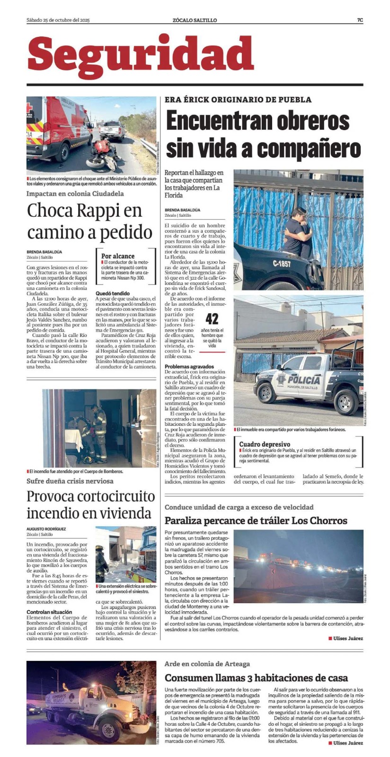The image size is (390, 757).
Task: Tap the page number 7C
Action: [360, 20]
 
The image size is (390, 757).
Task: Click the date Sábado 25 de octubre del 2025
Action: [58, 20]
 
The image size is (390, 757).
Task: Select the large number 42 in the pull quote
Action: [212, 319]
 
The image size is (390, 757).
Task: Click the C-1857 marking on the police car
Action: [282, 264]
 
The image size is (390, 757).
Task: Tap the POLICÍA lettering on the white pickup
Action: [303, 379]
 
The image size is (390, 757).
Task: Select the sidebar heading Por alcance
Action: [118, 256]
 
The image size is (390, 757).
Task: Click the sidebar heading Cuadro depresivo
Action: [265, 444]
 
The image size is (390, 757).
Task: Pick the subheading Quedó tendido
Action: [112, 293]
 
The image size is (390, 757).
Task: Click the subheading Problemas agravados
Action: [189, 367]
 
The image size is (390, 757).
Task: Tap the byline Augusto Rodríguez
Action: [46, 528]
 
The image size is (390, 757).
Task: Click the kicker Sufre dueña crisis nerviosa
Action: [70, 481]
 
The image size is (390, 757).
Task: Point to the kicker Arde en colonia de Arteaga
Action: [207, 664]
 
